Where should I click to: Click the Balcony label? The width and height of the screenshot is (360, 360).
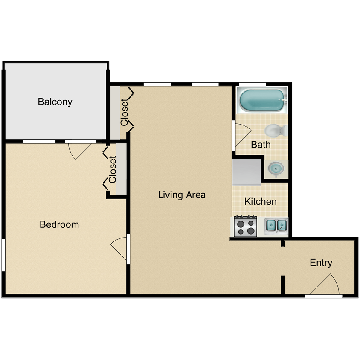coord(55,102)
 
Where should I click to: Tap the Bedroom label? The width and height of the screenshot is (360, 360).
coord(59,224)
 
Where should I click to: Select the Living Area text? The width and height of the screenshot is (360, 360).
coord(182,195)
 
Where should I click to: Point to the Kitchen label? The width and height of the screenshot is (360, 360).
coord(260,202)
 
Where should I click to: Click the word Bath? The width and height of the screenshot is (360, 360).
coord(261,145)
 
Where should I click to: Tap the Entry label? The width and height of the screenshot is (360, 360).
coord(321,263)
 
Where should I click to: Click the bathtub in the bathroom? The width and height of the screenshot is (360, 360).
coord(262,100)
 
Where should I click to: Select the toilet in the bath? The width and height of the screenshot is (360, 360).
coord(276,131)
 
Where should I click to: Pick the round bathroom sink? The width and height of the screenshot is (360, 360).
coord(276,169)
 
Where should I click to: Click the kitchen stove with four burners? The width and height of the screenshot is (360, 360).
coord(245,226)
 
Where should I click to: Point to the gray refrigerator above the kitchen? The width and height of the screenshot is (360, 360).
coord(247,172)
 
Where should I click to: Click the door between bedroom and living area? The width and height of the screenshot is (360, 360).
coord(119,248)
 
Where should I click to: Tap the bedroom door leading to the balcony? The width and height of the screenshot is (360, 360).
coord(80,151)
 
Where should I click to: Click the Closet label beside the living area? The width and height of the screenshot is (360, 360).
coord(124,112)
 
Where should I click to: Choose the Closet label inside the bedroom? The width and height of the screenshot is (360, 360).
coord(113,169)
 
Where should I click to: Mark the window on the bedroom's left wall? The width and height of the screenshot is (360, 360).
coord(3,255)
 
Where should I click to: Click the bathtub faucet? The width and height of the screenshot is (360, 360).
coord(283,100)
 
